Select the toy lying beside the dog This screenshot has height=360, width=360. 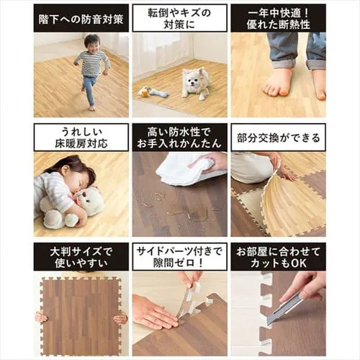[x=153, y=91]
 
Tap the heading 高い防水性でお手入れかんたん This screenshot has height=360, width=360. [x=180, y=137]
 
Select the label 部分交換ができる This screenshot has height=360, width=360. [x=278, y=137]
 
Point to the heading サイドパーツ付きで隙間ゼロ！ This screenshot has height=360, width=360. [x=180, y=256]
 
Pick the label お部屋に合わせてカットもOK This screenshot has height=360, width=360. [x=278, y=256]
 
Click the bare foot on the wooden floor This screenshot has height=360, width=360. [x=277, y=81]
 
